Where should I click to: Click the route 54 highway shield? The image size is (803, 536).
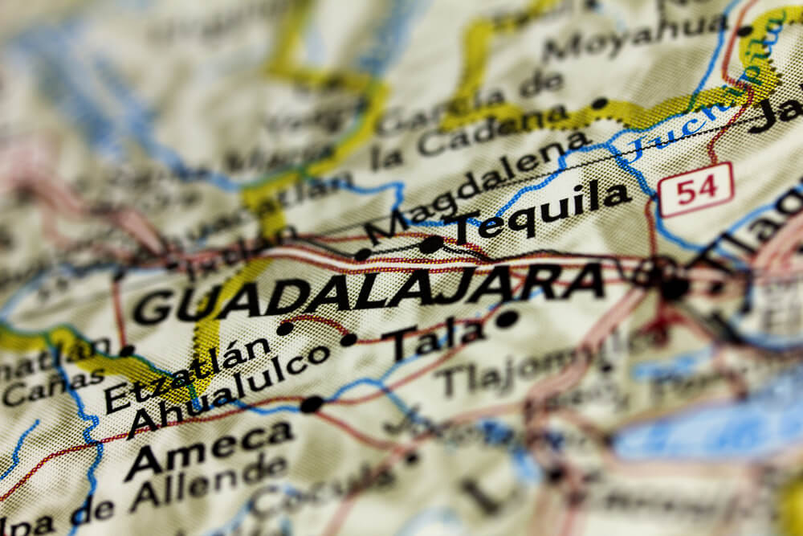(695, 190)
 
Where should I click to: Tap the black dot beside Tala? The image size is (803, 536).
(506, 319)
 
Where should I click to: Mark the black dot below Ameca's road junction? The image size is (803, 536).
(312, 404)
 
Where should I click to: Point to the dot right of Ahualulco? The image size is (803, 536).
(348, 340)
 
